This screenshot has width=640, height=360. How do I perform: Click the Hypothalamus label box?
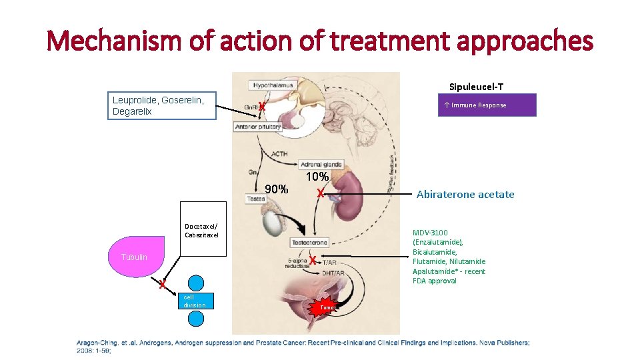click(x=273, y=85)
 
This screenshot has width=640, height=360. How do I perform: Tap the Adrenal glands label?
click(x=321, y=164)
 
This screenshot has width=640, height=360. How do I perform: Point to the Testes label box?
click(x=256, y=199)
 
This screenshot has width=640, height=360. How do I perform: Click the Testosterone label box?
click(x=309, y=242)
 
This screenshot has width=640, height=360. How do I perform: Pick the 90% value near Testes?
click(x=276, y=189)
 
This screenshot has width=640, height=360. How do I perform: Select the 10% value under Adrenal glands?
click(x=317, y=177)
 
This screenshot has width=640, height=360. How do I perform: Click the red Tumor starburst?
click(x=327, y=307)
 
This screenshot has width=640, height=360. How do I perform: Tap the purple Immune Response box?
click(x=487, y=105)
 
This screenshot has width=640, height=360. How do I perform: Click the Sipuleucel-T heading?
click(x=476, y=87)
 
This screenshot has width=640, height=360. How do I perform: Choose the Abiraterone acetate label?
click(x=465, y=195)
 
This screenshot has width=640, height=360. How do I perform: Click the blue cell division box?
click(x=196, y=301)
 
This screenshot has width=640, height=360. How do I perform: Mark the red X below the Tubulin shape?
click(x=161, y=285)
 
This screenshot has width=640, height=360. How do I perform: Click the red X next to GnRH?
click(x=263, y=107)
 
